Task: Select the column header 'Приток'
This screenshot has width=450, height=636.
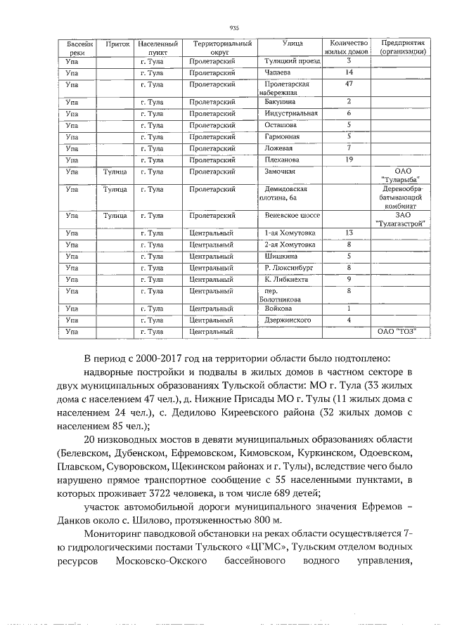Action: point(116,44)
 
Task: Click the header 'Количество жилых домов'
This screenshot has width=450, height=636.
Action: point(347,48)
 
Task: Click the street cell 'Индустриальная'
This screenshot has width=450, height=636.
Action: point(291,113)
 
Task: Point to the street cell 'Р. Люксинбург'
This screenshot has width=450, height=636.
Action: point(288,268)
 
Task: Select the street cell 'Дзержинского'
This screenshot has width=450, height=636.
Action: point(288,320)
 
